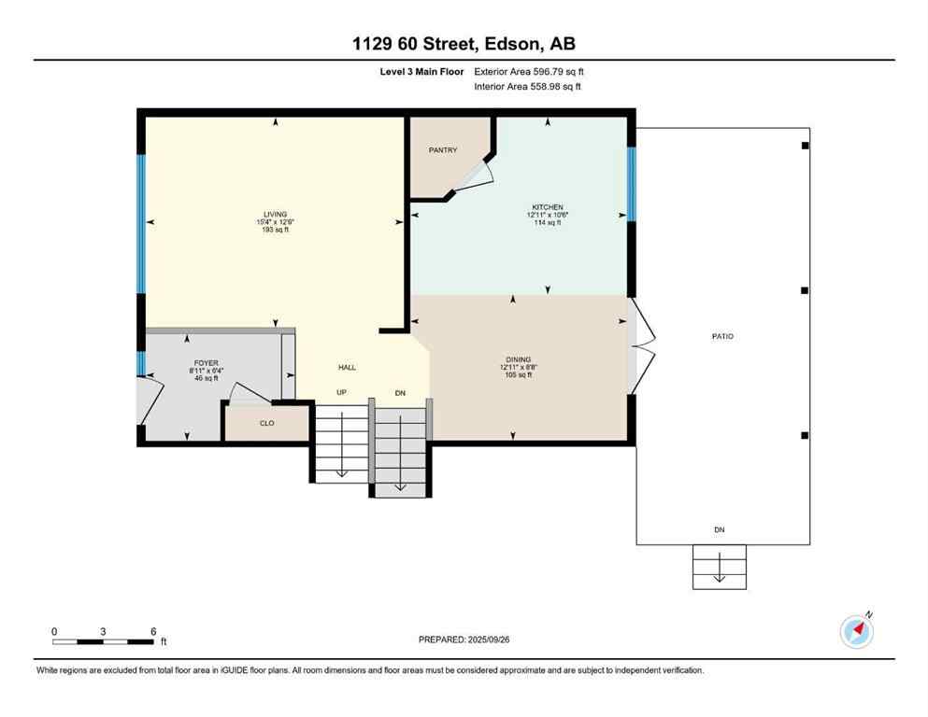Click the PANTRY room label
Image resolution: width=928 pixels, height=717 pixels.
[443, 149]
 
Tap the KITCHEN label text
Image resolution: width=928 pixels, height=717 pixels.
[547, 207]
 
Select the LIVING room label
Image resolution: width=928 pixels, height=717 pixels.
[275, 214]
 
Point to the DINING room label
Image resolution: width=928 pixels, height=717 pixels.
[519, 359]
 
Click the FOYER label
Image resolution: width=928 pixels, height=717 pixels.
[207, 363]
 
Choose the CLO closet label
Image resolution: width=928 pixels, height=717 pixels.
[266, 422]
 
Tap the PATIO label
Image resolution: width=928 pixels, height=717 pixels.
[721, 336]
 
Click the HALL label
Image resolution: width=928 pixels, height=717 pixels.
[347, 368]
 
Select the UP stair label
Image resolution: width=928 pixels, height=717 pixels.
[342, 392]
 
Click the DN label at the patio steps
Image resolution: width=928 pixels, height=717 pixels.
[720, 529]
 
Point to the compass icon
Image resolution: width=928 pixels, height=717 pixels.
[856, 632]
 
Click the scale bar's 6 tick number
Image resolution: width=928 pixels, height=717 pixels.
[153, 631]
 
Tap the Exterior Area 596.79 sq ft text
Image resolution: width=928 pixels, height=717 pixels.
[529, 71]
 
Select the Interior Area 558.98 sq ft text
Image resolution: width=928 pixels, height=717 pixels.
[529, 87]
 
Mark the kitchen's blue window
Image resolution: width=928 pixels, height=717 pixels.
[631, 184]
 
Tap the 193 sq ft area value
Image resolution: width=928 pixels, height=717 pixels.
[275, 230]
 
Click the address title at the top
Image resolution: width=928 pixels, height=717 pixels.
[464, 43]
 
